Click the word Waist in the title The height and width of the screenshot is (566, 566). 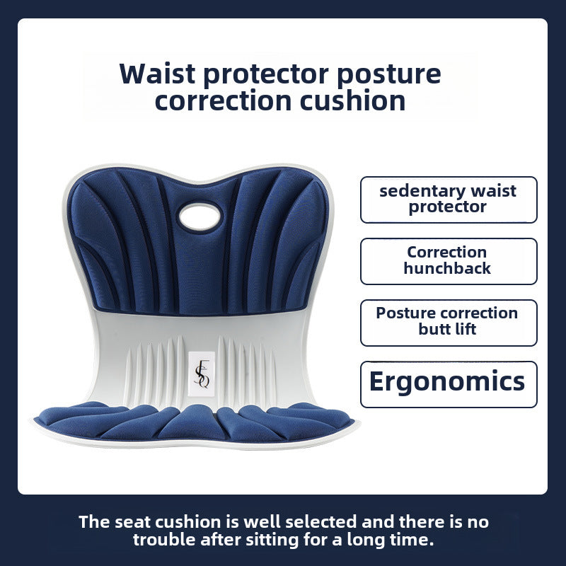pos(157,74)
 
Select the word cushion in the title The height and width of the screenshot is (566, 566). pos(352,100)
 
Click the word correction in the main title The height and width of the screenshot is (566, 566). pos(223,101)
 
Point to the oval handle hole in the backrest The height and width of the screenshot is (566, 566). pos(200,216)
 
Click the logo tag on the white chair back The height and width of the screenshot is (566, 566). pos(202,374)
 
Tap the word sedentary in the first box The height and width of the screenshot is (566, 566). pos(418,191)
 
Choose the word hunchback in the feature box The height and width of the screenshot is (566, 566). pos(447,268)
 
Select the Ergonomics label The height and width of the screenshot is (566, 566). pos(447,382)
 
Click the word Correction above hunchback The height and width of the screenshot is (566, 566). pos(447,252)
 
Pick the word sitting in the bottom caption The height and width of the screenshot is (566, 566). pos(272,541)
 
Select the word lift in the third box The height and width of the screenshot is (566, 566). pos(465,329)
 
